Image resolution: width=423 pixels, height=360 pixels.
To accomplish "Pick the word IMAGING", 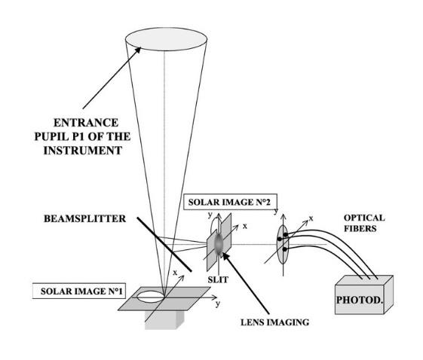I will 281,322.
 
